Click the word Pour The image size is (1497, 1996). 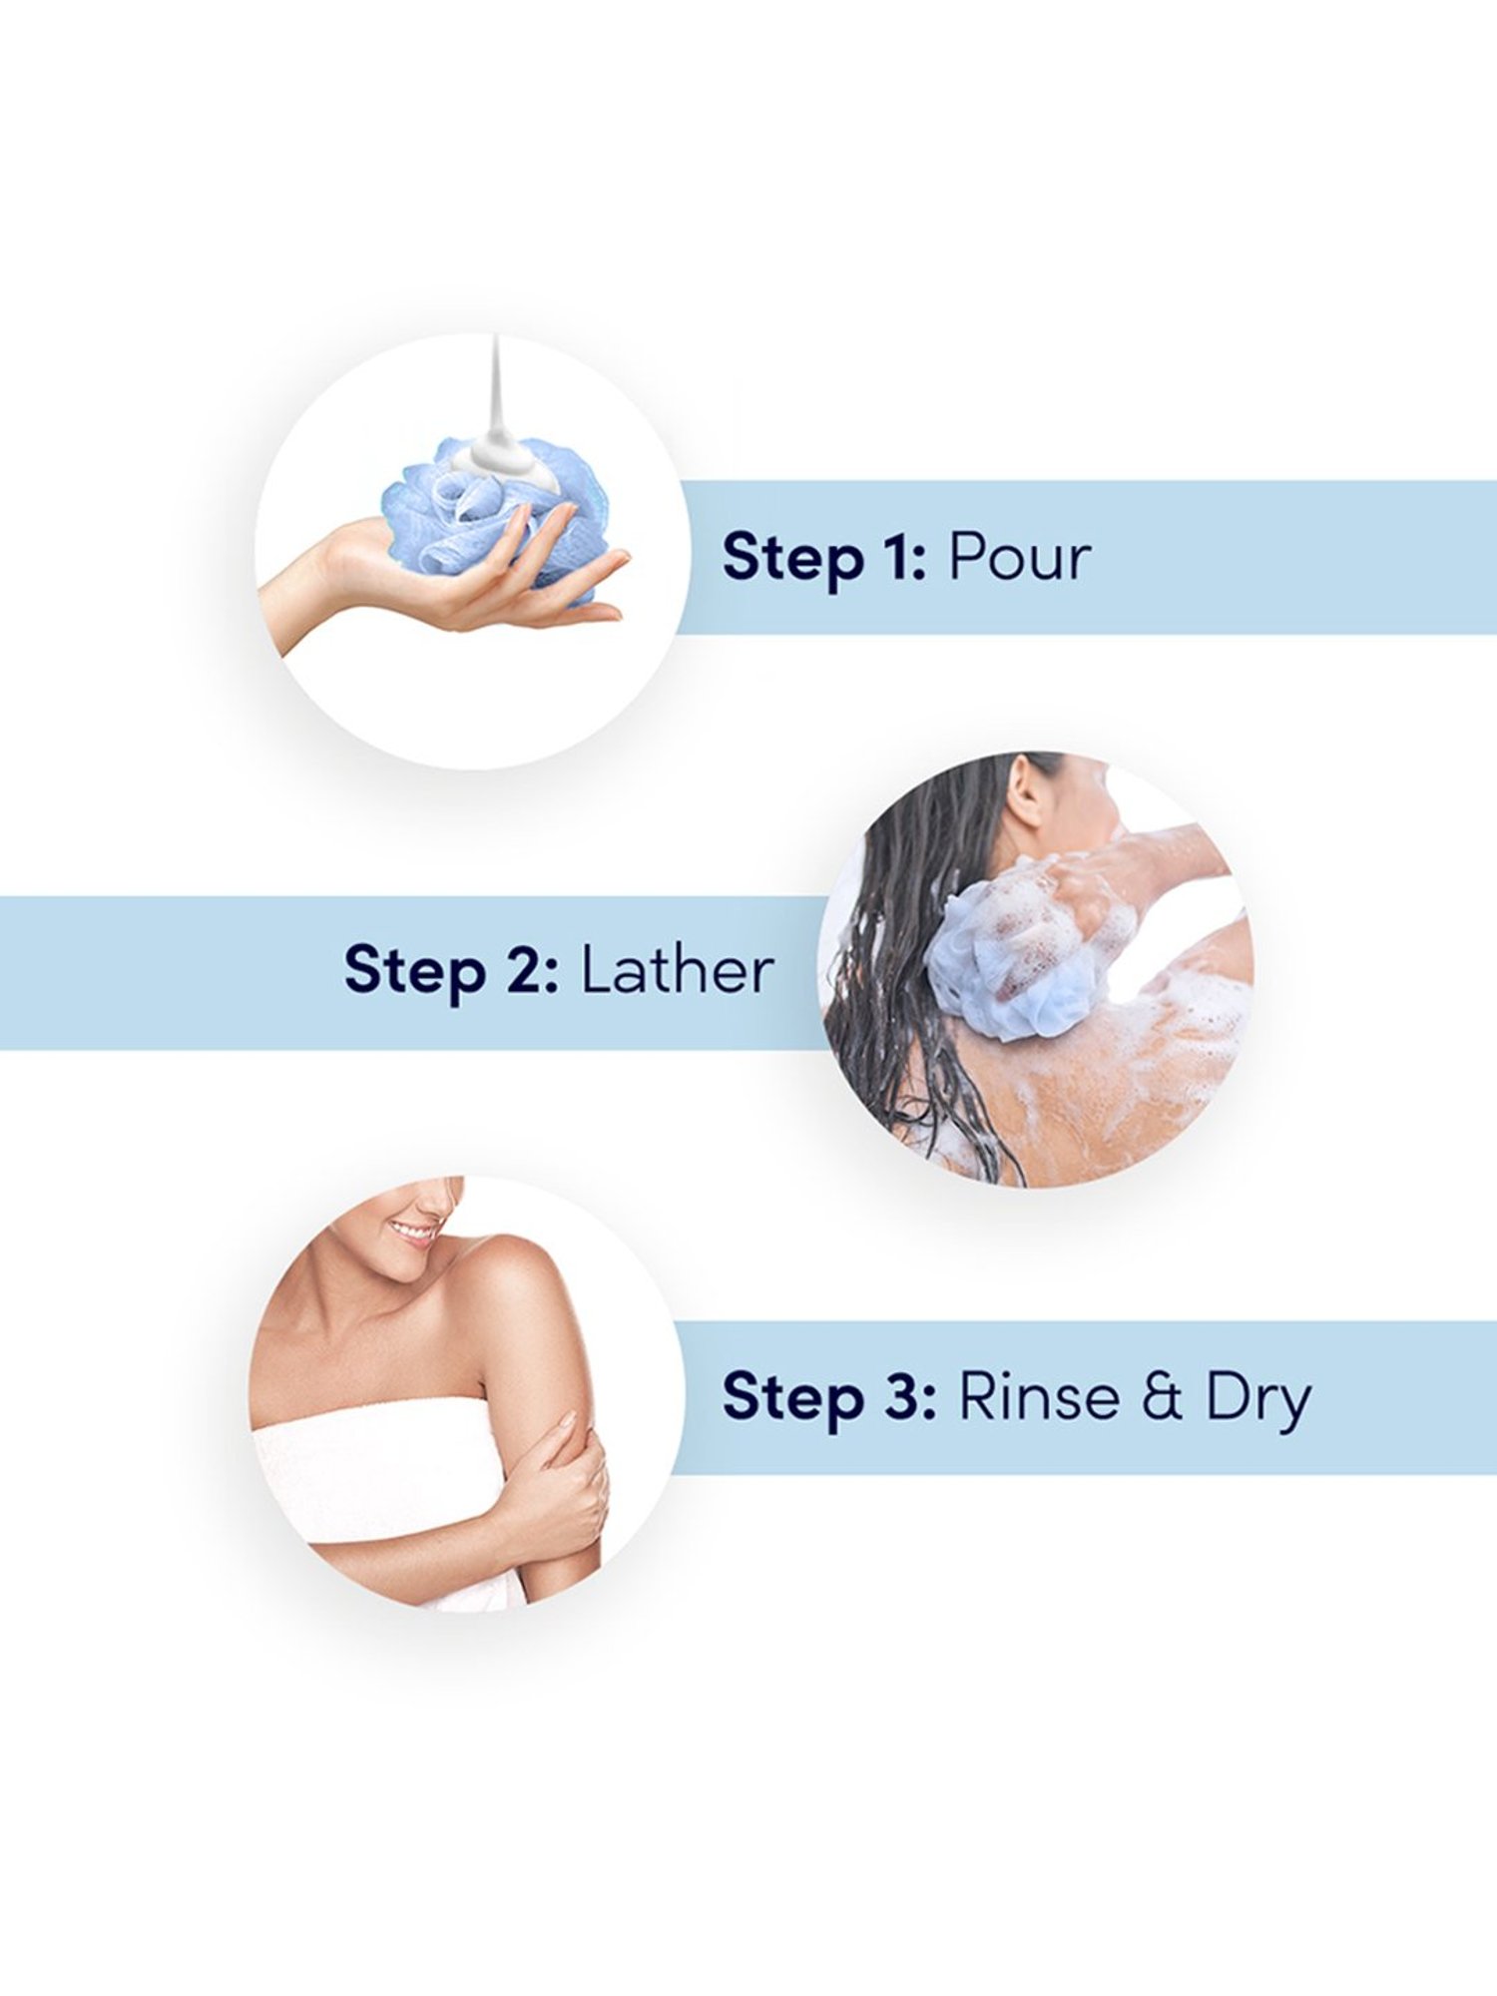click(1019, 557)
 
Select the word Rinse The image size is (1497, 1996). click(1039, 1396)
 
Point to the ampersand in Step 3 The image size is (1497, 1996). click(1162, 1396)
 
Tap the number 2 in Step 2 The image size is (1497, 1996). click(525, 970)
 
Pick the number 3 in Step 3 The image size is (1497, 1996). click(902, 1396)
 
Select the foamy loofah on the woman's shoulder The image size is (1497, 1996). click(1028, 943)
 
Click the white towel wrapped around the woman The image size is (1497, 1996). click(379, 1477)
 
